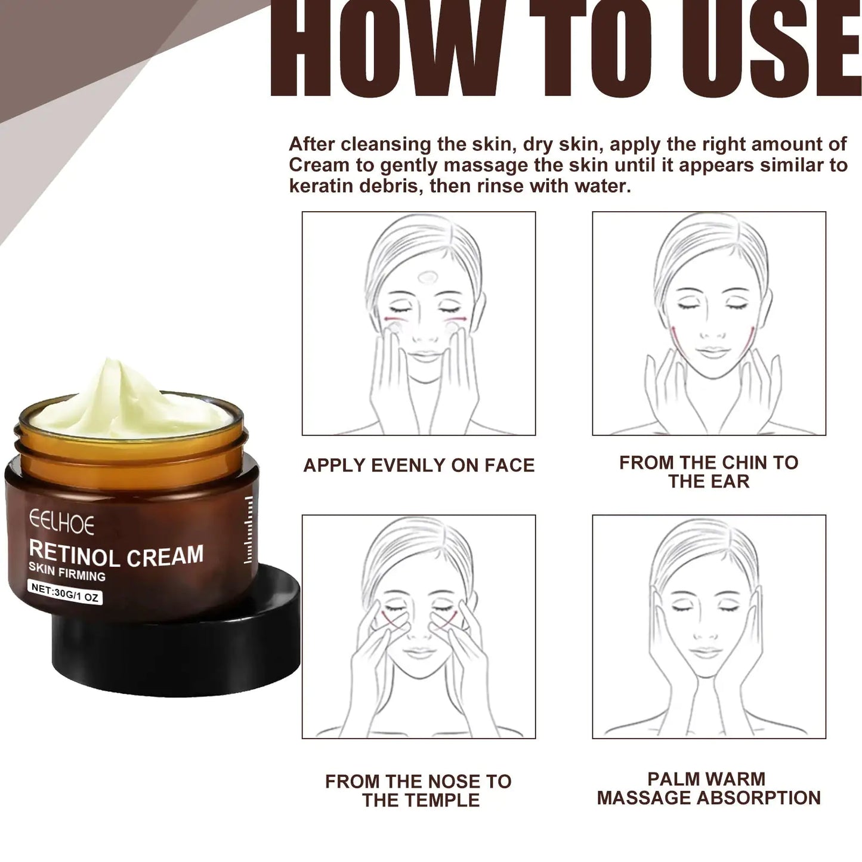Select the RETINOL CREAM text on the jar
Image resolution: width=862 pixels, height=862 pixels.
(116, 555)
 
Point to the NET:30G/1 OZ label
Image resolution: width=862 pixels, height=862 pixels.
(66, 592)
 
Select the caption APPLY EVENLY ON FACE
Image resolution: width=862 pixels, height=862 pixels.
(419, 465)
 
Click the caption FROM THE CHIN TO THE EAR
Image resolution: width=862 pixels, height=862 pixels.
(708, 471)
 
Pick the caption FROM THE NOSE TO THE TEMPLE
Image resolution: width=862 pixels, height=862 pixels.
(419, 790)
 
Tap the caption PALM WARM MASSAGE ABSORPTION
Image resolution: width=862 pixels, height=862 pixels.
(708, 788)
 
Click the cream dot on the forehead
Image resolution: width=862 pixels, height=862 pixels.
(427, 277)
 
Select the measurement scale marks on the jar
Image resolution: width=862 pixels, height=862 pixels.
(249, 530)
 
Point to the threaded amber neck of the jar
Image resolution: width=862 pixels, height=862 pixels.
(131, 450)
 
